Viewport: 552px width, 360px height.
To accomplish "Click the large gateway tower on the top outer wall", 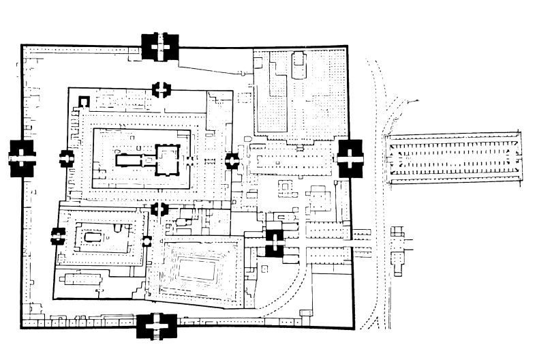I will (161, 46).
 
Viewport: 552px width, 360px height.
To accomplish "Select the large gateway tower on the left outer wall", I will (22, 157).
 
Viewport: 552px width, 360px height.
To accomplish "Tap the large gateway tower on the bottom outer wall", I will (157, 327).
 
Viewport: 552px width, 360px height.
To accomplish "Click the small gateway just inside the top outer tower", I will (162, 89).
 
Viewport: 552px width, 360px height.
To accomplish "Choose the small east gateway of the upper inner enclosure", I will (232, 161).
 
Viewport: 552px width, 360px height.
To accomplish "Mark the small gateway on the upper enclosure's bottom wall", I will (160, 209).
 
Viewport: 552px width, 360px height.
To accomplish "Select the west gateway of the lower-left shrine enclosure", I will (57, 237).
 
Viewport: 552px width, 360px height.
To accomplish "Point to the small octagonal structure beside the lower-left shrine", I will (147, 241).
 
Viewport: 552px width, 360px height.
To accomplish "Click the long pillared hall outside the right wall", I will (453, 160).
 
